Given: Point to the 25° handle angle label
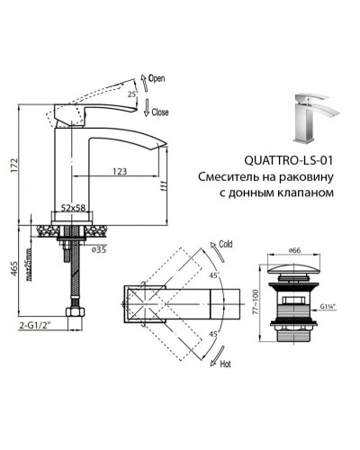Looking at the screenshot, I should coord(134,94).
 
